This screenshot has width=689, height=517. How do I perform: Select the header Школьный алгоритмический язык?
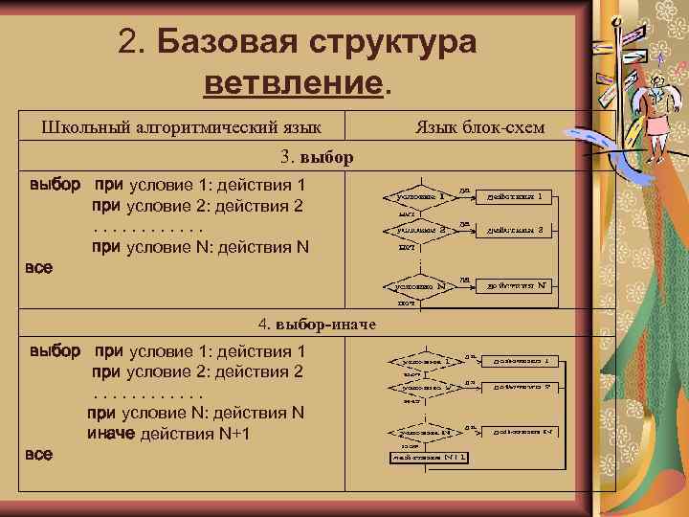click(x=181, y=127)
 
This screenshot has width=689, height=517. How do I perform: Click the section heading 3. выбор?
click(x=317, y=156)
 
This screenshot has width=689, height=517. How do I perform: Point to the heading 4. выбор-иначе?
click(x=317, y=325)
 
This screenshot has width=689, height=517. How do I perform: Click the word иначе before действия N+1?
click(x=111, y=434)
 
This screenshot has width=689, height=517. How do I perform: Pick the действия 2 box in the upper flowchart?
click(x=514, y=230)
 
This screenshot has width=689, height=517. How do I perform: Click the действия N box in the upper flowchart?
click(x=514, y=284)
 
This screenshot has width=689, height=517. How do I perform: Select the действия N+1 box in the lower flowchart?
click(x=429, y=457)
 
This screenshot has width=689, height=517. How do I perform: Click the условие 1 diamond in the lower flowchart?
click(x=421, y=362)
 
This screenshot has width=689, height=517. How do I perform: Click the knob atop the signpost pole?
click(x=617, y=21)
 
